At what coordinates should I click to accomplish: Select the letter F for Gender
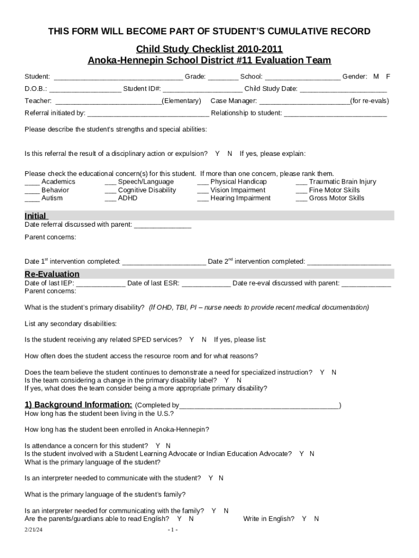(388, 76)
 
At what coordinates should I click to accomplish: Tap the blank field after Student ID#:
(202, 89)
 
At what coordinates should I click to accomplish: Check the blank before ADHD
(110, 198)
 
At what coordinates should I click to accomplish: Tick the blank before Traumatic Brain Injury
(301, 182)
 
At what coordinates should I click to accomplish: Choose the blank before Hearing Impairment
(202, 198)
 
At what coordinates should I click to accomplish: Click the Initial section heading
(35, 216)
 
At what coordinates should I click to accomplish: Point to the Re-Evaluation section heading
(52, 274)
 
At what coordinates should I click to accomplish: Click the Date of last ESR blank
(206, 283)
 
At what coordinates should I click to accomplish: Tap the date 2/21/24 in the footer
(33, 530)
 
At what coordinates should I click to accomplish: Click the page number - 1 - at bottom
(173, 530)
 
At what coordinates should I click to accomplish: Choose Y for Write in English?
(304, 519)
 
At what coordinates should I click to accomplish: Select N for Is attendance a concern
(168, 446)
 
